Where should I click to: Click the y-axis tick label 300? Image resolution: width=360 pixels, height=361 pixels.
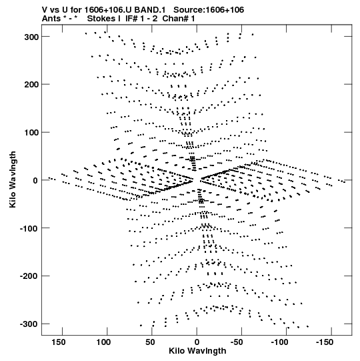(x=31, y=37)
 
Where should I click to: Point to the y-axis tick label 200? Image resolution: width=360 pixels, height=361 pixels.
(x=31, y=85)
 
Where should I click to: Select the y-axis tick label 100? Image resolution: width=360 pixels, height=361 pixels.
(x=31, y=133)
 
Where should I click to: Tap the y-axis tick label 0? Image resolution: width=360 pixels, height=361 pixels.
(x=35, y=180)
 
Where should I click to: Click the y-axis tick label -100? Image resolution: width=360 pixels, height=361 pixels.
(x=29, y=228)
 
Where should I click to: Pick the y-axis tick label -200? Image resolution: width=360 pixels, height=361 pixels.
(x=29, y=276)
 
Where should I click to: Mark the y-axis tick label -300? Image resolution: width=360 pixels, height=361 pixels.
(x=29, y=324)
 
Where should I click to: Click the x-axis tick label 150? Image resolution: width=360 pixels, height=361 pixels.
(x=59, y=342)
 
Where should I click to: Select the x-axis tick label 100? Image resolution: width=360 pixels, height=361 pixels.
(x=103, y=342)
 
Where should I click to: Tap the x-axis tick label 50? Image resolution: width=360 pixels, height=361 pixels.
(x=150, y=342)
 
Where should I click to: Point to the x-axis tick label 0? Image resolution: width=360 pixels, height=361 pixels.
(x=197, y=342)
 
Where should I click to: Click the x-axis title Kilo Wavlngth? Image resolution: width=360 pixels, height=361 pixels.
(x=197, y=351)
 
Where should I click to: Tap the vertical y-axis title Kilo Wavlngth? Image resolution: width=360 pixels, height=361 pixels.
(x=13, y=179)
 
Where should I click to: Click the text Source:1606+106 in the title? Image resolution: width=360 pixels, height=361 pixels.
(x=209, y=10)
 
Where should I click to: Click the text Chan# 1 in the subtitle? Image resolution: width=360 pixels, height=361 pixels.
(x=179, y=19)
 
